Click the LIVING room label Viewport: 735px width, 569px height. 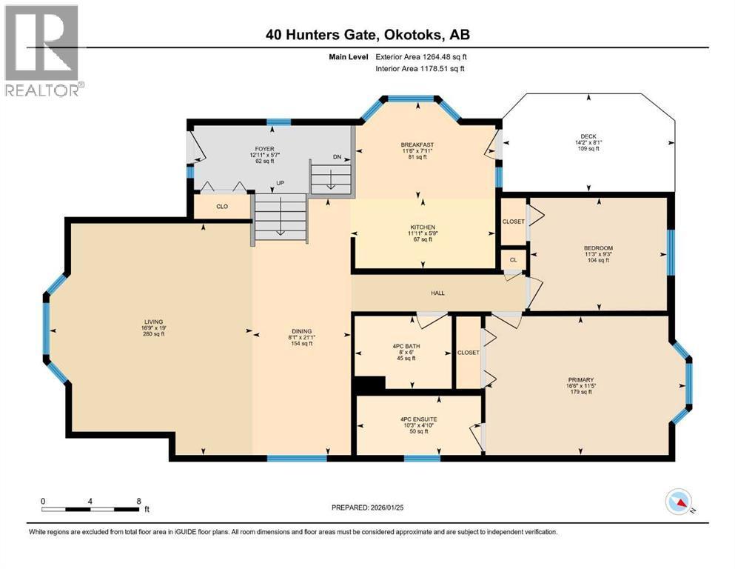coord(153,322)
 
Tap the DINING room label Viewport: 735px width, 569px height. coord(301,331)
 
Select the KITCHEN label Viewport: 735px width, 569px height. coord(423,227)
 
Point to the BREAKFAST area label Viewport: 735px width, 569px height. coord(417,144)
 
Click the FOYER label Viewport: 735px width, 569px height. coord(264,149)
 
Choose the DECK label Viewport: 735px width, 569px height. coord(588,136)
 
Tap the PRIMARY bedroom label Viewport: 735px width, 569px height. coord(581,379)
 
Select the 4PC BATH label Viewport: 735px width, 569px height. coord(403,345)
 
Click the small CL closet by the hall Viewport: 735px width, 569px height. coord(513,260)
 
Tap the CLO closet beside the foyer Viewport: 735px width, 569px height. coord(222,207)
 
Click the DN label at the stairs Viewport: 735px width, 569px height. coord(337,157)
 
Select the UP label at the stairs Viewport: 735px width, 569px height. coord(280,182)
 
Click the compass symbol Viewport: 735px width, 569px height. coord(678,503)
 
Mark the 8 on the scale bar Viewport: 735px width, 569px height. coord(138,501)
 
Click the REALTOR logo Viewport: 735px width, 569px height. coord(42,50)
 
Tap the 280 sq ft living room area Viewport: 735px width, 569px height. coord(153,334)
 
